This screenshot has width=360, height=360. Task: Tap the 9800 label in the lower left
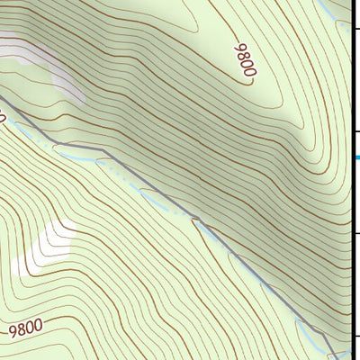[25, 329]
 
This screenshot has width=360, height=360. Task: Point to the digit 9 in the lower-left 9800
[13, 331]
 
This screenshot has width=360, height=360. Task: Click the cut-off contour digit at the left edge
[3, 117]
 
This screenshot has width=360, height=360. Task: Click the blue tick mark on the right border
[356, 158]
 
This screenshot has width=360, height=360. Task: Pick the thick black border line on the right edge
[352, 180]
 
